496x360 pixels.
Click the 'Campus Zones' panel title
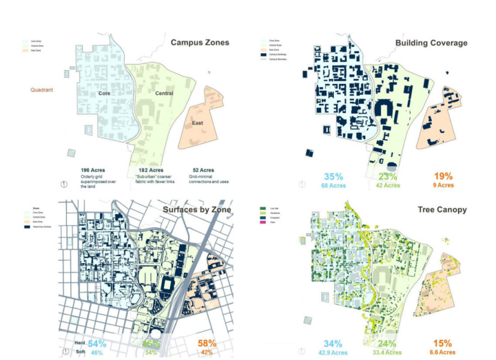point(200,43)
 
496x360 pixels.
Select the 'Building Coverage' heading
point(431,43)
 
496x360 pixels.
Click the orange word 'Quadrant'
point(43,89)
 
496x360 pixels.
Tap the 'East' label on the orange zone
point(196,124)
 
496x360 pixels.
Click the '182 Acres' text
point(147,169)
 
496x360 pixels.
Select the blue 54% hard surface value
point(96,343)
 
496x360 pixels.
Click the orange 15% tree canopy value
point(443,343)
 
